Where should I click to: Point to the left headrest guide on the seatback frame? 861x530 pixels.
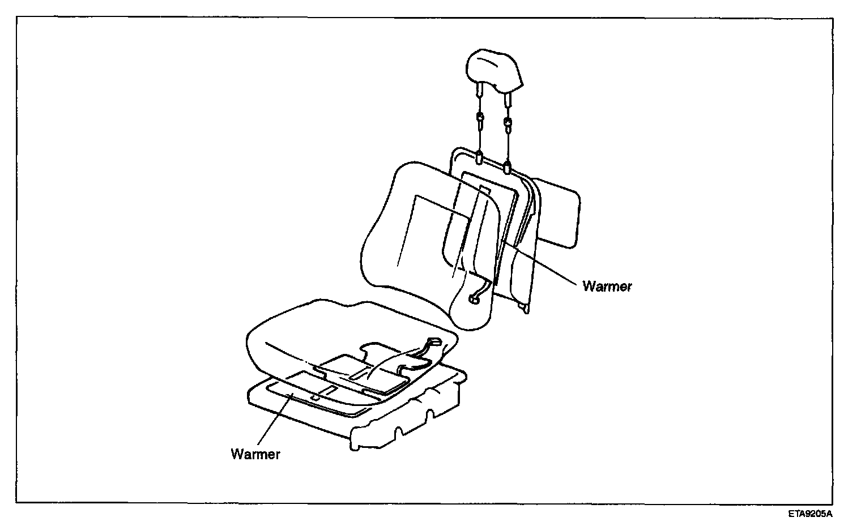(480, 156)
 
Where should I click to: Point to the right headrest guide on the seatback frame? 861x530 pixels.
(507, 166)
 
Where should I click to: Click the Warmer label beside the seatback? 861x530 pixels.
(607, 287)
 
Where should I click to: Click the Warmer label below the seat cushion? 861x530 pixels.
(255, 454)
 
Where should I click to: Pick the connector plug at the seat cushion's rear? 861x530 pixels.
(434, 341)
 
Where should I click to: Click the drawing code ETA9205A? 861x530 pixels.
(810, 514)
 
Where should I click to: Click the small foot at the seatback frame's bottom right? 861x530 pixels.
(526, 307)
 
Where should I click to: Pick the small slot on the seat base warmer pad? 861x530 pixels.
(316, 399)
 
